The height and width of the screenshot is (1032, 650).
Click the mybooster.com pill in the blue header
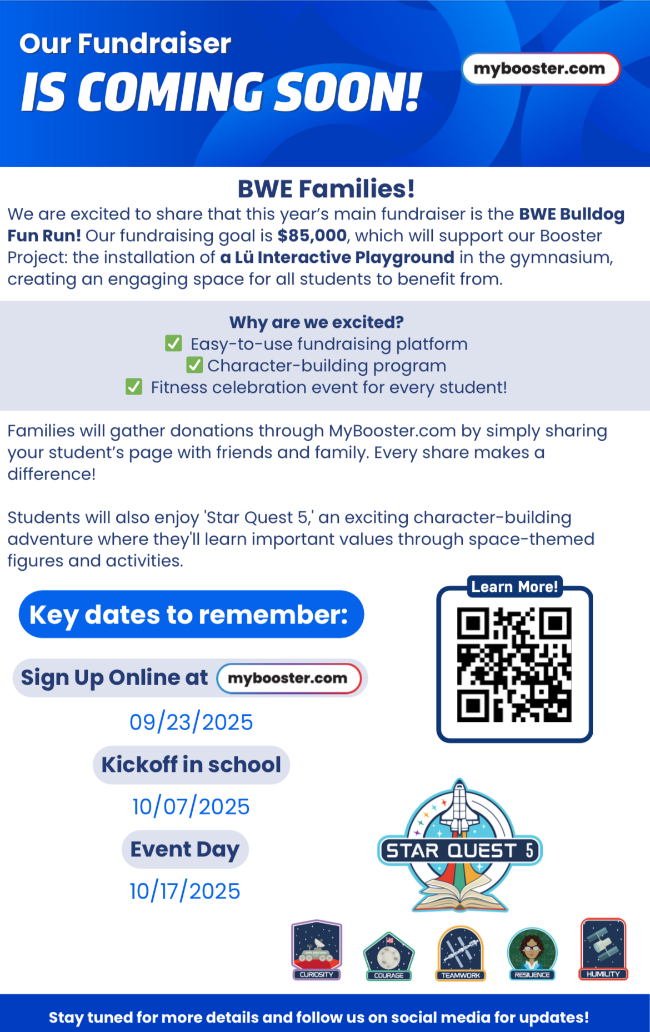coord(541,69)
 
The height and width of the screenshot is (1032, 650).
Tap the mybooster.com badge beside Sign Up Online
coord(288,679)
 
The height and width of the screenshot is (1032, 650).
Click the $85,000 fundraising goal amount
coord(312,236)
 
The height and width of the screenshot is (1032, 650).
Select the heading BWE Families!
coord(326,189)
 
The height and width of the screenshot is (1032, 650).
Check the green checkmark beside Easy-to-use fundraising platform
coord(173,343)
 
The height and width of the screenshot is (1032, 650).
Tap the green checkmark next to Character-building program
coord(194,365)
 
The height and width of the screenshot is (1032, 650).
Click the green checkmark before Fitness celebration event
coord(134,387)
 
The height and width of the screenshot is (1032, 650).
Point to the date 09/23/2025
coord(191,722)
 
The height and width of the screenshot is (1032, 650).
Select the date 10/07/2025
coord(191,807)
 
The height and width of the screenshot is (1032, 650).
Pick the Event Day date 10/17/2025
coord(185,891)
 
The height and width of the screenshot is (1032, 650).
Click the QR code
coord(514,665)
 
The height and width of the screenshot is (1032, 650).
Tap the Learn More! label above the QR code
coord(514,587)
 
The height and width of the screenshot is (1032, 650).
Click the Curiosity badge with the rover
coord(317,949)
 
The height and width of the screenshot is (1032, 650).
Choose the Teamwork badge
coord(461,953)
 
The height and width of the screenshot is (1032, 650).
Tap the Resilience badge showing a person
coord(532,953)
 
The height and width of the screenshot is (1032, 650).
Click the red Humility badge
coord(603,948)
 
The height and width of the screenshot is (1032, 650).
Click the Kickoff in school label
coord(191,765)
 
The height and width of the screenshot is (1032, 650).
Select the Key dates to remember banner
coord(191,614)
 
